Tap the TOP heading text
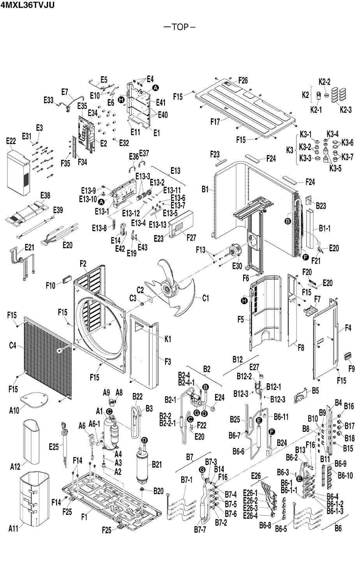click(180, 27)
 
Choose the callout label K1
click(168, 339)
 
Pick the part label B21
click(157, 464)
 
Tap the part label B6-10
click(345, 476)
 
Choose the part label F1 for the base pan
click(83, 517)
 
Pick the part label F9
click(351, 368)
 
